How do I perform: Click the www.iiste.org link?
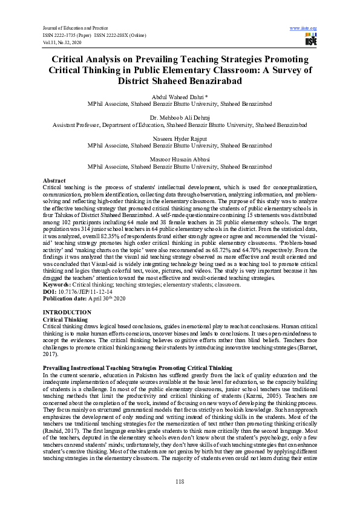click(304, 28)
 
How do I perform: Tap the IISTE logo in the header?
click(311, 41)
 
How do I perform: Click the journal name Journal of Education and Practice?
click(74, 28)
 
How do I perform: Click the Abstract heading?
click(54, 181)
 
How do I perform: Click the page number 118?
click(180, 481)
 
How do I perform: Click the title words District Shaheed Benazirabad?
click(180, 81)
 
